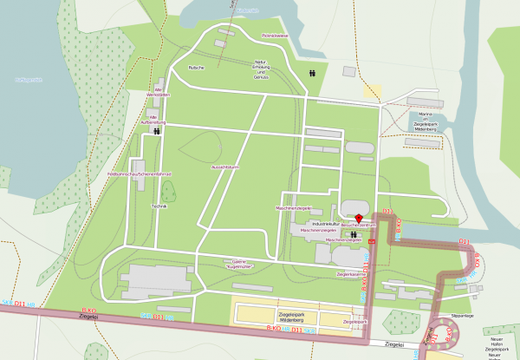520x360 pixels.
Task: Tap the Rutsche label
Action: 196,67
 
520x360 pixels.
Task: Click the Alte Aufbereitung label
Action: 158,120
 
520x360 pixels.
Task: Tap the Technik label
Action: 158,206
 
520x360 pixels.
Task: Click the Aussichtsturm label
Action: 224,167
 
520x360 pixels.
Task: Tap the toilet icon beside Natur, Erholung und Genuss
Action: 311,73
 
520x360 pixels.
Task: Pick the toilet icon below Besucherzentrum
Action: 354,232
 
